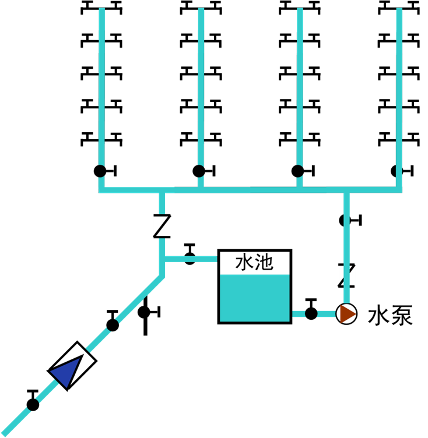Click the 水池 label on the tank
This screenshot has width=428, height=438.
coord(254,263)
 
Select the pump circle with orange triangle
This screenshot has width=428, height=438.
coord(346,314)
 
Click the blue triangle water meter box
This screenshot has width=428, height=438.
coord(72,366)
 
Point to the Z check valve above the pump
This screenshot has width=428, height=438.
coord(346,275)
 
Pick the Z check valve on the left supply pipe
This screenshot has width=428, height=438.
coord(162,226)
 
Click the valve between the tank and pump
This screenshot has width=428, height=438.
coord(311,309)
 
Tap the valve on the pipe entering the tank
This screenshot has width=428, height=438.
coord(190,254)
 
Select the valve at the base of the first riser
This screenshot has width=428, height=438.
coord(105,171)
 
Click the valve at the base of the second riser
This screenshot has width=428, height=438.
coord(204,171)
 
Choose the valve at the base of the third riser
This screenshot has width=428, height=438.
coord(303,171)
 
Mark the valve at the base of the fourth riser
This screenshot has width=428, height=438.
coord(402,171)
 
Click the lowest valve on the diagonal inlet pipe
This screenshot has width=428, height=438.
coord(33,401)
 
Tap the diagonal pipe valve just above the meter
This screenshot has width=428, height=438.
coord(113,321)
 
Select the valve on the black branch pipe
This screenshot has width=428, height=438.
coord(149,312)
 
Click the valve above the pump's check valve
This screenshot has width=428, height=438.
coord(350,220)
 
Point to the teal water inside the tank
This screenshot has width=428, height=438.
coord(255,298)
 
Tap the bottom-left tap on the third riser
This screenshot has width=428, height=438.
coord(288,139)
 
